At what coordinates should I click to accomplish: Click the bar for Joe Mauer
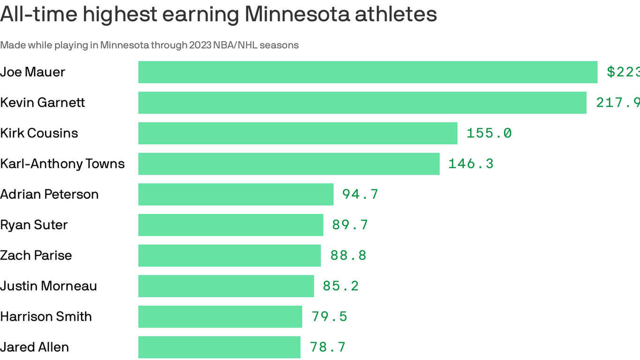point(368,72)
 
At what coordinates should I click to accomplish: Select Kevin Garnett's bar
point(362,103)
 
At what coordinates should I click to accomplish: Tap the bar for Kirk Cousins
point(298,133)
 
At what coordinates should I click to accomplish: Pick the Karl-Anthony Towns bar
point(289,164)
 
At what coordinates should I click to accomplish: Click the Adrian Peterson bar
point(236,194)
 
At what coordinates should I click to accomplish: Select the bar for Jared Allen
point(219,347)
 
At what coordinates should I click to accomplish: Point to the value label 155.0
point(489,133)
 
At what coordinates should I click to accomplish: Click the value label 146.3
point(471,164)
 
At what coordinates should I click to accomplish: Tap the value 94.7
point(360,194)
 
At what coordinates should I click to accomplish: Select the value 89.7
point(350,225)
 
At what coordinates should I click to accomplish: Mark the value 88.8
point(348,255)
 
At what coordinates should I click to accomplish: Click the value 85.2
point(341,286)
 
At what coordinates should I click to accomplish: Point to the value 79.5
point(329,316)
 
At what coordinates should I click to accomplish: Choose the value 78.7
point(327,347)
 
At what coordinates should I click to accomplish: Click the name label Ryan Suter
point(34,225)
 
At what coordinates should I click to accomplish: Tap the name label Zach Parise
point(36,255)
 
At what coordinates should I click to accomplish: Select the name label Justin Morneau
point(48,286)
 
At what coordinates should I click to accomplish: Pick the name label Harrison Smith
point(46,316)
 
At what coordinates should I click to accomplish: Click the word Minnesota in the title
point(297,14)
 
